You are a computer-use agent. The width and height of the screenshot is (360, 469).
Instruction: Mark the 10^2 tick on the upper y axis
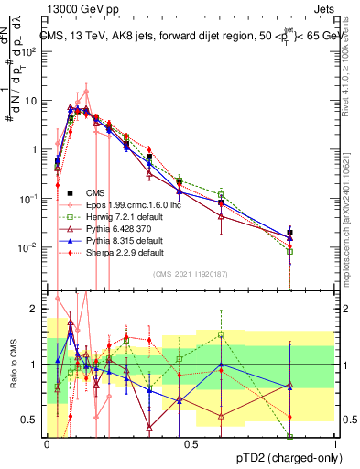point(32,51)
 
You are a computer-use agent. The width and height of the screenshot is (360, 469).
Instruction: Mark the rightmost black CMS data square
point(316,234)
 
